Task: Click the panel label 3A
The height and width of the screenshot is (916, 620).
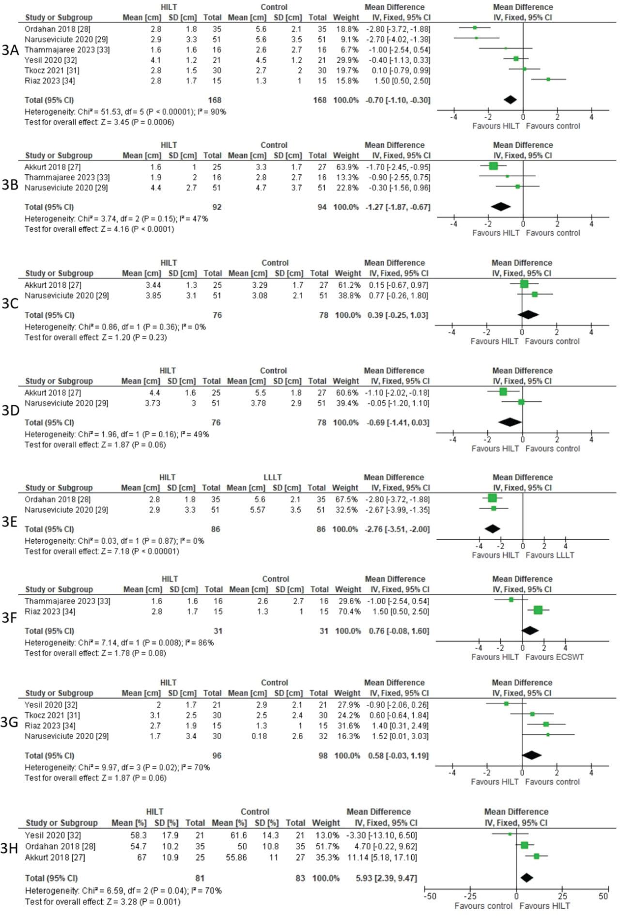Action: tap(10, 50)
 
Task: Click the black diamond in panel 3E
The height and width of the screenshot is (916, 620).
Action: tap(492, 529)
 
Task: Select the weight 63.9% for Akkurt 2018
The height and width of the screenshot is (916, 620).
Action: tap(346, 167)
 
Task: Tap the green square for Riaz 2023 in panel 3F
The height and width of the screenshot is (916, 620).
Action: tap(538, 610)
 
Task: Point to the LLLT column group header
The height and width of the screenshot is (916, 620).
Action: tap(272, 477)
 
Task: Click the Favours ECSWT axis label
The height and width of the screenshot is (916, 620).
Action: tap(554, 657)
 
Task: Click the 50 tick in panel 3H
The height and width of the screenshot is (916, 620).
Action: tap(603, 896)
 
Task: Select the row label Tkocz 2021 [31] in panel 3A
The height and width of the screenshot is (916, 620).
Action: tap(52, 71)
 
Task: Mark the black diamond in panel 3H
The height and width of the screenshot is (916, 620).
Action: tap(527, 878)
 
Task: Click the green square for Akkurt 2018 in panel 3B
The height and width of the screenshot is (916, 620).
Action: tap(493, 166)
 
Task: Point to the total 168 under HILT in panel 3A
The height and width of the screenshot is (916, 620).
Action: tap(215, 100)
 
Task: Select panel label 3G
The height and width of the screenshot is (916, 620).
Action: tap(10, 722)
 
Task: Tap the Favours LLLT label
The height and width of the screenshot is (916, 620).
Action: tap(550, 555)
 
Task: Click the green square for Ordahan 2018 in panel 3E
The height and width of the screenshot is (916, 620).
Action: tap(492, 498)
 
